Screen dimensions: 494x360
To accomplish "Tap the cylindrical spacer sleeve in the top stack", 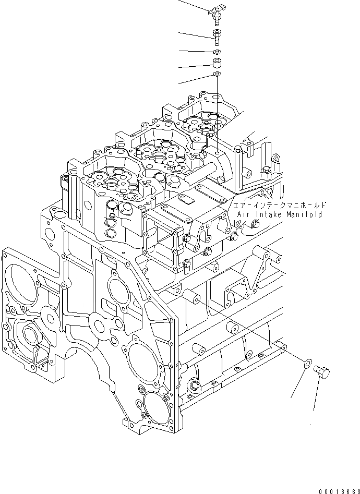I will (x=216, y=64).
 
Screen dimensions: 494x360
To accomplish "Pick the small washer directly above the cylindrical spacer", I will (x=216, y=52).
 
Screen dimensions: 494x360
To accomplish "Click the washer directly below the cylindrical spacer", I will (x=216, y=76).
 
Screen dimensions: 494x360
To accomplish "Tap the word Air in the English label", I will (x=244, y=214).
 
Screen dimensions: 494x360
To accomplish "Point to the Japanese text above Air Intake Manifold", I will (x=280, y=205).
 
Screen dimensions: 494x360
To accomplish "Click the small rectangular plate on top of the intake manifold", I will (x=186, y=199).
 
